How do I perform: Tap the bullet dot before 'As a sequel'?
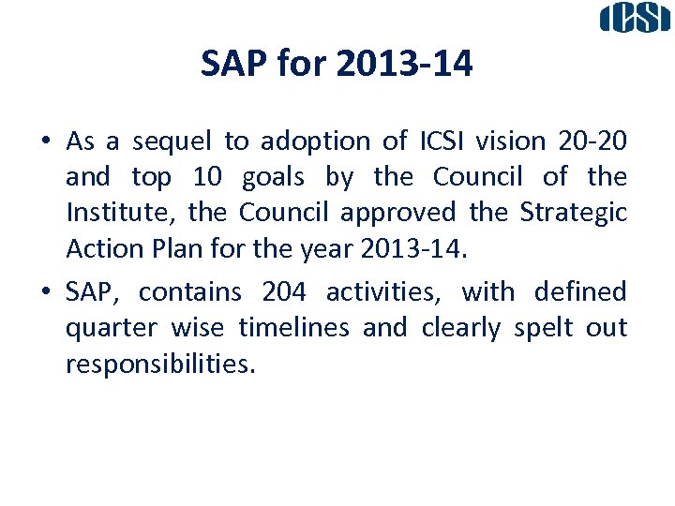tap(45, 142)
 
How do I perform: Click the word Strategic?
tap(573, 213)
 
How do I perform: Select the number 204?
tap(283, 292)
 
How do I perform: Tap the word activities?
tap(384, 292)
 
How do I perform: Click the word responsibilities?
tap(159, 365)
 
